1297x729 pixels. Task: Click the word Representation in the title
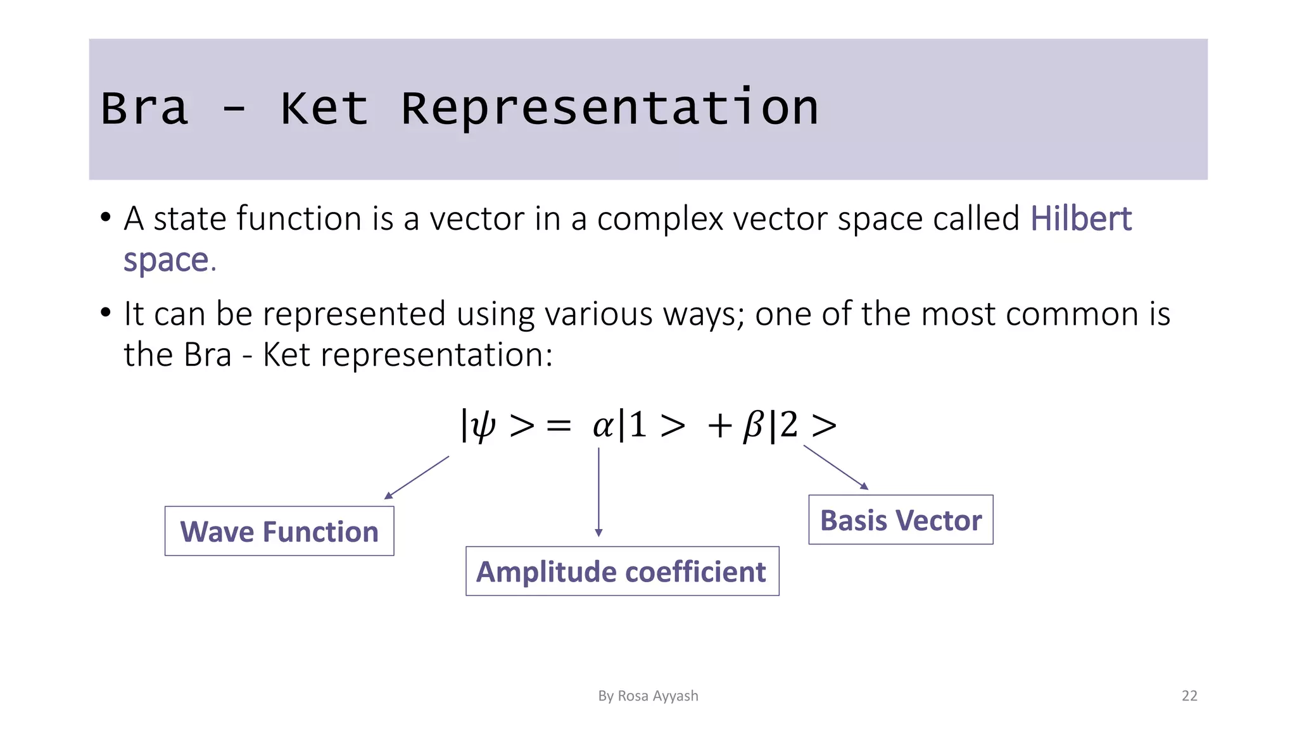610,108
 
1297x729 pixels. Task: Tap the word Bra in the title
144,108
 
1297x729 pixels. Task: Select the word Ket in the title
324,108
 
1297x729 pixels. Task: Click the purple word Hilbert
1080,219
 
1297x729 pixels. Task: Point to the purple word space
166,260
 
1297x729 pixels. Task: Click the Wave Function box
279,532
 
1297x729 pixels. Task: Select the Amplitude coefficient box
622,571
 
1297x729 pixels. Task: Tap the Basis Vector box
901,520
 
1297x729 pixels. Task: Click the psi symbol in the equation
483,426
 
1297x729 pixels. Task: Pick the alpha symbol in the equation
602,425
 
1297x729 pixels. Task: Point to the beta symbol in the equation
753,425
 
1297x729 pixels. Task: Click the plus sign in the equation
720,425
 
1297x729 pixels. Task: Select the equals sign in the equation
559,426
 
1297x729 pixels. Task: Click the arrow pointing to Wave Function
417,478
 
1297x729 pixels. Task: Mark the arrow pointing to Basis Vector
835,467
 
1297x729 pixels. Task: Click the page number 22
1189,696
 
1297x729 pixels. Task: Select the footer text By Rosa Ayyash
648,696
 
